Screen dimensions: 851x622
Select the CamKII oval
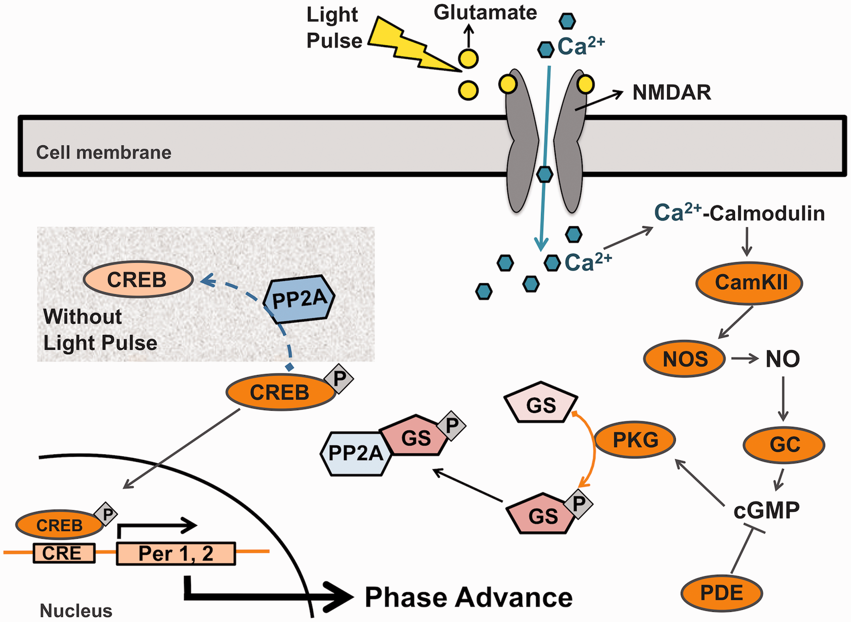(x=749, y=283)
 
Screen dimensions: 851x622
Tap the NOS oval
(x=684, y=359)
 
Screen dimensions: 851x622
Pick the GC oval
(x=784, y=445)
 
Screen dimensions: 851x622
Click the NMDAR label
(x=672, y=92)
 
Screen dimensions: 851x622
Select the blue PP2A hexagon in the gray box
(x=299, y=299)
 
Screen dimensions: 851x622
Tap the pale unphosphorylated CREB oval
(x=138, y=279)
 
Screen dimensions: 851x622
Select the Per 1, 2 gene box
(x=176, y=554)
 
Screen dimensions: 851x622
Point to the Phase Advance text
(x=469, y=597)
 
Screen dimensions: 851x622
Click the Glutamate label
(x=485, y=12)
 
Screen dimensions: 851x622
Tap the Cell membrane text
(x=103, y=153)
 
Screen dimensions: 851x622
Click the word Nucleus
(x=76, y=610)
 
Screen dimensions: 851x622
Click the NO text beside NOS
(x=783, y=359)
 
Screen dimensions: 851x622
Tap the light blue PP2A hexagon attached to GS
(x=356, y=454)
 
